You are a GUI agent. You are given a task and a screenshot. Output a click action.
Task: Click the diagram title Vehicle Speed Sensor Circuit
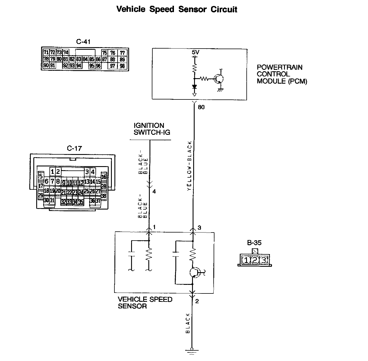177,9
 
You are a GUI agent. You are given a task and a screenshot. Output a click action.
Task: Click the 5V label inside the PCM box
195,52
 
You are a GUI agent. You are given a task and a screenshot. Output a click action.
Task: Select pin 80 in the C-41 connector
59,59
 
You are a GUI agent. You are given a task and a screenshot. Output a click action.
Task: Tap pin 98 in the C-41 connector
122,66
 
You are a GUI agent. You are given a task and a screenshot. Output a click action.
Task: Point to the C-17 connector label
74,148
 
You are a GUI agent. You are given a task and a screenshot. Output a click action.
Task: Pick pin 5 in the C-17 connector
41,176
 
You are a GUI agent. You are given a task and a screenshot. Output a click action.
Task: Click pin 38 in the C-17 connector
104,196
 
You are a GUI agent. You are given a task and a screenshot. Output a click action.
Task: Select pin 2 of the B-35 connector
255,260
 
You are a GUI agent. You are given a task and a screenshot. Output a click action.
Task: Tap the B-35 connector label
254,243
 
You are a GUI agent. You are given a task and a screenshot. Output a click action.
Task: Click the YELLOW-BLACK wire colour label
189,166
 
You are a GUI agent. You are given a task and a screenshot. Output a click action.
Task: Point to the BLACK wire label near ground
188,323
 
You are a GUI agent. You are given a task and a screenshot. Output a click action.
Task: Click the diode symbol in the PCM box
194,87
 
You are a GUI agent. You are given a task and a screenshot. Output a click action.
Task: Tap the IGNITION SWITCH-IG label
152,129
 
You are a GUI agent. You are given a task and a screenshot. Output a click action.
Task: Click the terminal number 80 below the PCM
201,107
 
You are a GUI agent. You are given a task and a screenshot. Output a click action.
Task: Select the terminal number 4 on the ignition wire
154,191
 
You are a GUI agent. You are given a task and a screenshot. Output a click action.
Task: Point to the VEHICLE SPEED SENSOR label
145,303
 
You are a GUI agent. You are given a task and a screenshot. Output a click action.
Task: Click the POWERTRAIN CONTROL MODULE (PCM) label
282,74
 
